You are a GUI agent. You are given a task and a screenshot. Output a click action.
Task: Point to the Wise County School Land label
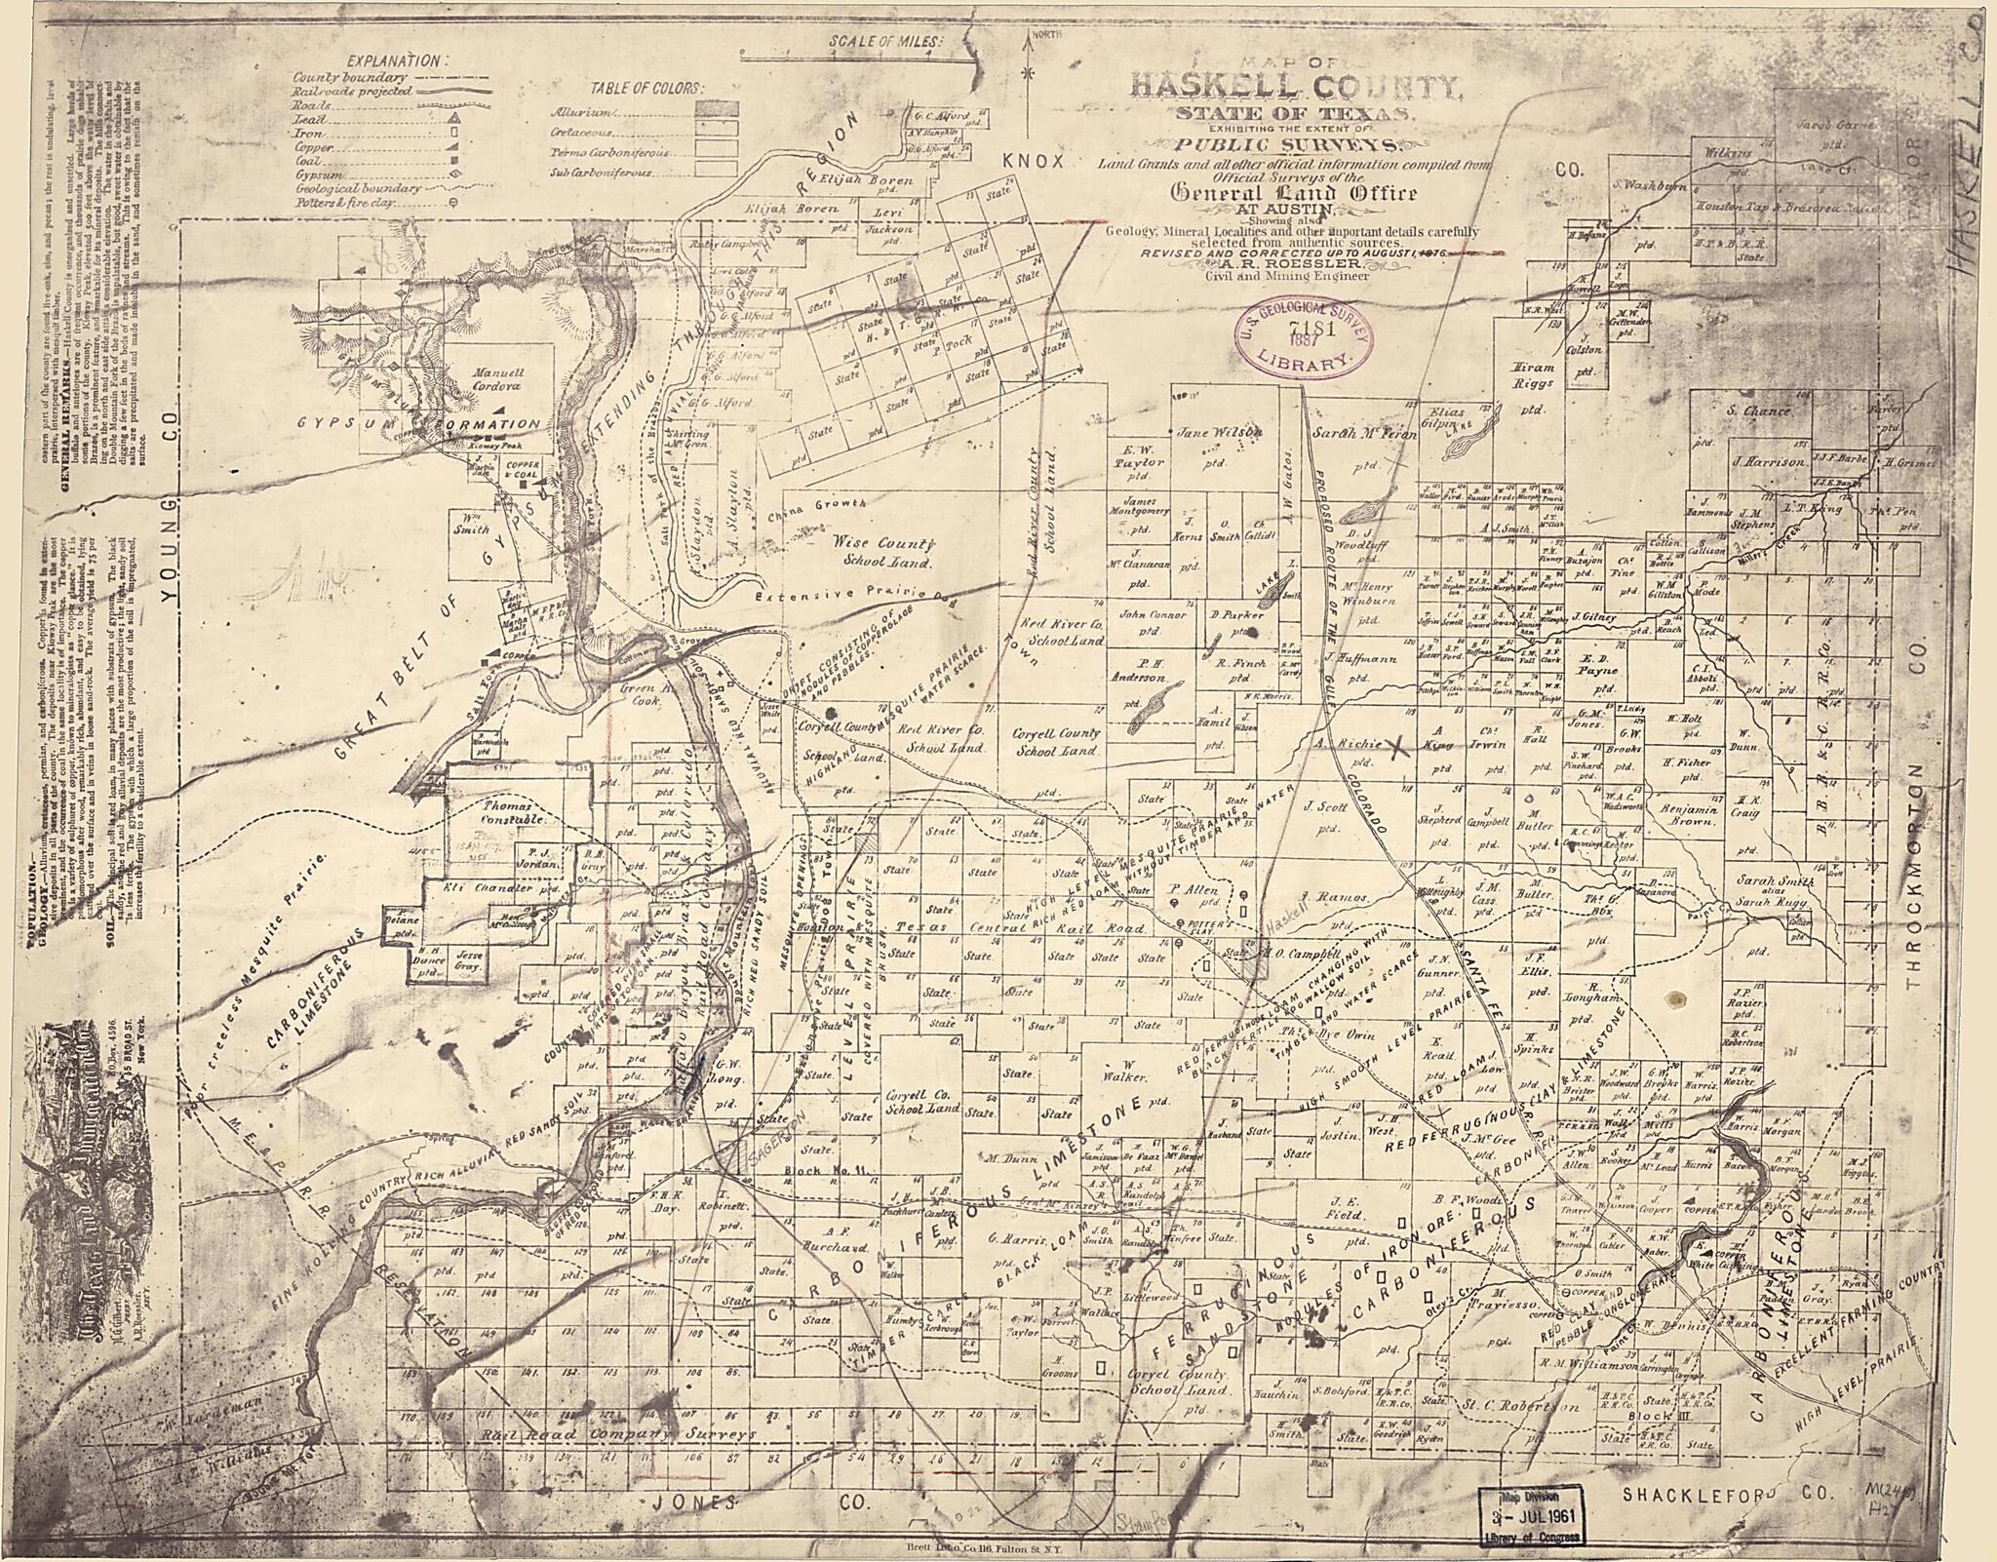[x=883, y=552]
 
